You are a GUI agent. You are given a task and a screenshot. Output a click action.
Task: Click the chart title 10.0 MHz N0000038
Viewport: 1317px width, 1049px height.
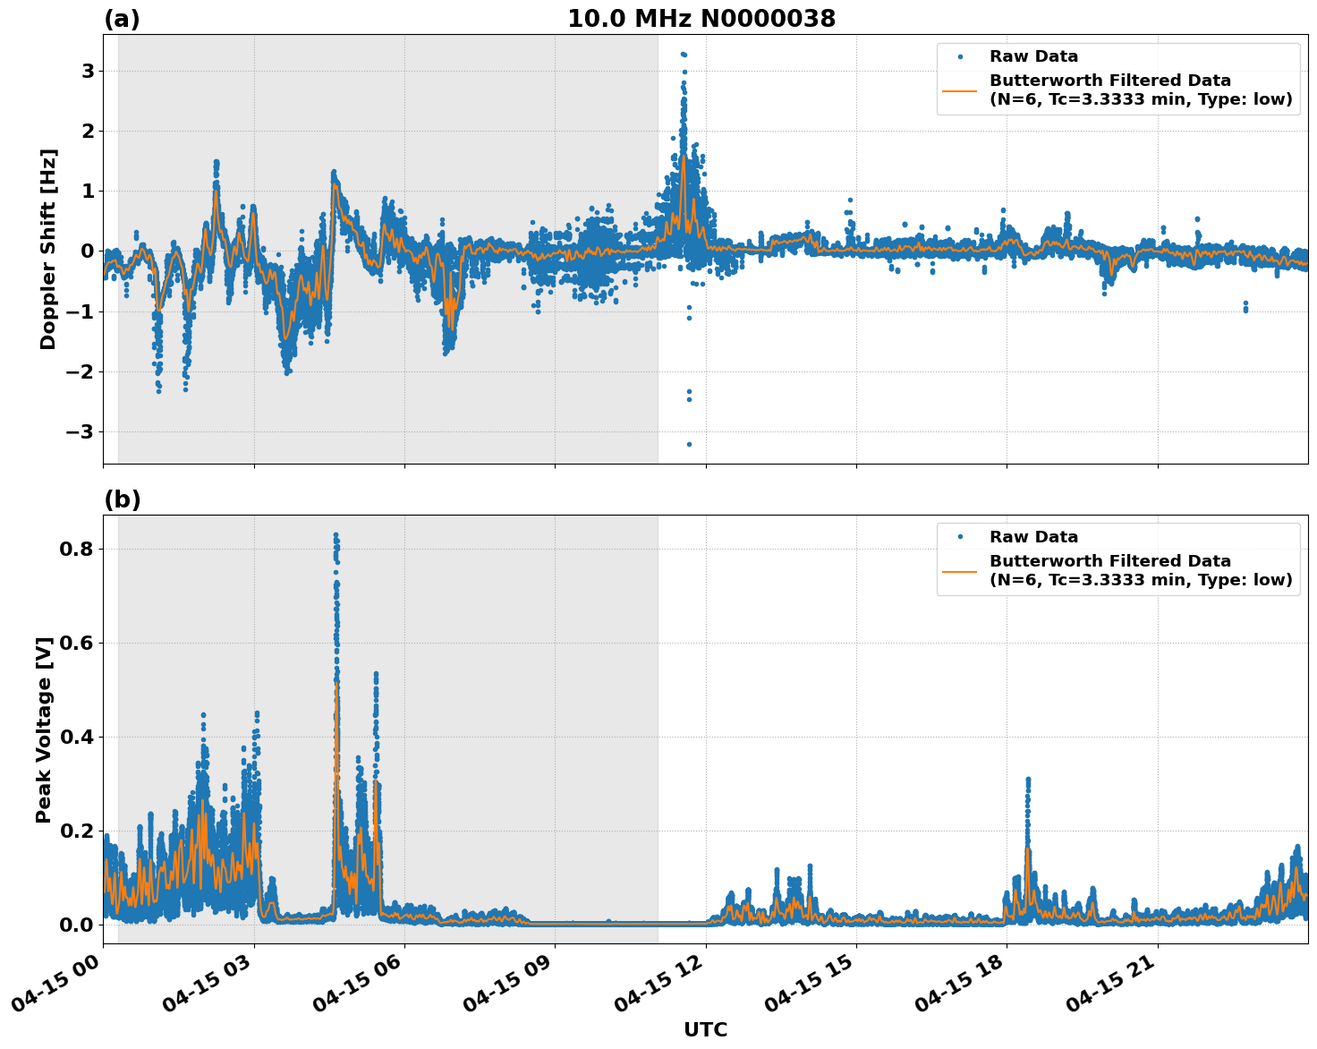pyautogui.click(x=701, y=19)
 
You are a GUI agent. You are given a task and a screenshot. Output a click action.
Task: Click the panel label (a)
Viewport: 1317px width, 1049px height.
pyautogui.click(x=122, y=19)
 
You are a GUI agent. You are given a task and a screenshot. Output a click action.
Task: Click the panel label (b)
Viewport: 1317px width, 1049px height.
pyautogui.click(x=122, y=499)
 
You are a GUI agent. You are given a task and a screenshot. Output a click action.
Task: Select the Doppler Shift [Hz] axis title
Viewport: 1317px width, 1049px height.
pyautogui.click(x=48, y=249)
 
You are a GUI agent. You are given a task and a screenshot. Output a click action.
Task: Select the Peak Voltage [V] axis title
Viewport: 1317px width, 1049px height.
pyautogui.click(x=44, y=729)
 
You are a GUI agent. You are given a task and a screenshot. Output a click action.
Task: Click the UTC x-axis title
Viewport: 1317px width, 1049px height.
pyautogui.click(x=705, y=1029)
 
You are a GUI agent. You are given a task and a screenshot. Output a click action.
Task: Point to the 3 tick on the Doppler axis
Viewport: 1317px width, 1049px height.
pyautogui.click(x=87, y=71)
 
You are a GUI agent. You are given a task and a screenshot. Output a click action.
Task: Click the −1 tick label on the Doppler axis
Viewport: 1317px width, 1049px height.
pyautogui.click(x=81, y=311)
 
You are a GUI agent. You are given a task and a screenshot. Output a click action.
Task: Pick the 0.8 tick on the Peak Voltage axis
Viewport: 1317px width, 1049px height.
pyautogui.click(x=75, y=549)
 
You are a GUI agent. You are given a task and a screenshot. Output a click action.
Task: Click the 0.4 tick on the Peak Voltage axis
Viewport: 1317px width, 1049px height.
pyautogui.click(x=75, y=737)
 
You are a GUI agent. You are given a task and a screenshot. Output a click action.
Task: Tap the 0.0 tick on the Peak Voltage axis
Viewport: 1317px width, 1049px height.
pyautogui.click(x=75, y=925)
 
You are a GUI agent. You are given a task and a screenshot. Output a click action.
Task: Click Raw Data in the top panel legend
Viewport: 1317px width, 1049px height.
pyautogui.click(x=1033, y=56)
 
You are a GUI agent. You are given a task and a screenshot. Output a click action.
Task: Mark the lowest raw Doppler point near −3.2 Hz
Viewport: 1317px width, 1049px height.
pyautogui.click(x=689, y=444)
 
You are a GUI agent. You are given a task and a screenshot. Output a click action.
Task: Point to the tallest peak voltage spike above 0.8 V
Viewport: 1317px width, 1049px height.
pyautogui.click(x=336, y=535)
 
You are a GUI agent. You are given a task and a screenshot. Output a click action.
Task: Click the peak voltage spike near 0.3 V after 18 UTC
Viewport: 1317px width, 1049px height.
pyautogui.click(x=1028, y=780)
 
